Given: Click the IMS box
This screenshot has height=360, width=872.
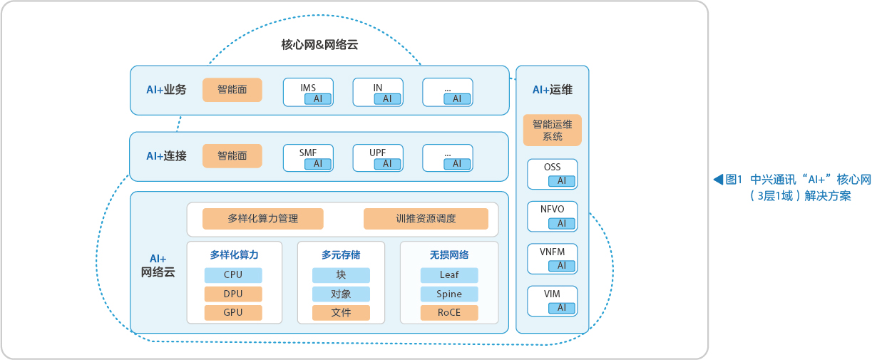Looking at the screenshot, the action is pyautogui.click(x=308, y=92).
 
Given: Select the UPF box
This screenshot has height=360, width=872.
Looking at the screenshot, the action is pyautogui.click(x=378, y=158).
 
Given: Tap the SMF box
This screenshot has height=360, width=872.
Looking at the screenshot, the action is pyautogui.click(x=308, y=158).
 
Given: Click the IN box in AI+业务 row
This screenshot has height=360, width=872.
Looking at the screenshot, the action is pyautogui.click(x=378, y=92).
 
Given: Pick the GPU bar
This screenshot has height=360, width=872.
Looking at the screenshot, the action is pyautogui.click(x=233, y=312).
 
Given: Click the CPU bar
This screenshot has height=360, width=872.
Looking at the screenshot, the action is pyautogui.click(x=233, y=274).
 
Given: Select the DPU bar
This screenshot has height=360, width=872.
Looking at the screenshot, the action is pyautogui.click(x=233, y=294).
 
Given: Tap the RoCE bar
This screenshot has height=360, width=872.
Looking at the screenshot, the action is pyautogui.click(x=449, y=312).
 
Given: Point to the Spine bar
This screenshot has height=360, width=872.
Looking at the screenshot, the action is pyautogui.click(x=449, y=294).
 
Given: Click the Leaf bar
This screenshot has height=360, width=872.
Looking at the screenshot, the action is pyautogui.click(x=449, y=274).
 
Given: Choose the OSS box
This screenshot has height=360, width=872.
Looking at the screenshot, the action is pyautogui.click(x=553, y=174).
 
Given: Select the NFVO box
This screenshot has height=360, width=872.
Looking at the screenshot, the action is pyautogui.click(x=553, y=217).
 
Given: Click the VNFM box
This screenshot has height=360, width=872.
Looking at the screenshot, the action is pyautogui.click(x=553, y=259).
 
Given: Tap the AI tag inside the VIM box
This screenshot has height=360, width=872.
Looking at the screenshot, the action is pyautogui.click(x=562, y=308).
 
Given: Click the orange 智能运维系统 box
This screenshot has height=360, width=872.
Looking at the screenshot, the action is pyautogui.click(x=553, y=130).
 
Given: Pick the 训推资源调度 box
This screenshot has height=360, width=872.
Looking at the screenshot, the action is pyautogui.click(x=426, y=219).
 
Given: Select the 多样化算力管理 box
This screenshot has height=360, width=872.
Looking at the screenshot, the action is pyautogui.click(x=263, y=219).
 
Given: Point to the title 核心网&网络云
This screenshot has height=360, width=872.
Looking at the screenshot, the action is pyautogui.click(x=319, y=45).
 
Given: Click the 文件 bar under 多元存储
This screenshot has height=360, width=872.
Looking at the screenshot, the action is pyautogui.click(x=341, y=312).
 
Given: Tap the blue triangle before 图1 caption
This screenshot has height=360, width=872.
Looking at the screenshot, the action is pyautogui.click(x=718, y=180).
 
